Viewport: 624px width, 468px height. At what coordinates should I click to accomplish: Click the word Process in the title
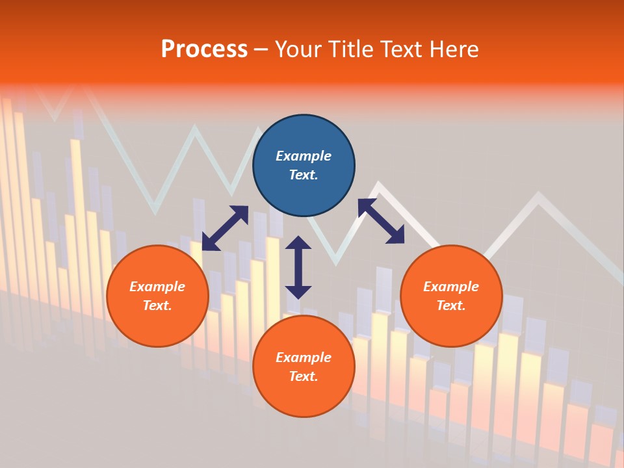[x=204, y=49]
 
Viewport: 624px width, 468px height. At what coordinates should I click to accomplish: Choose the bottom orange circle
[x=304, y=396]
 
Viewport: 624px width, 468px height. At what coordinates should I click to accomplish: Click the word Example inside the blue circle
[x=304, y=156]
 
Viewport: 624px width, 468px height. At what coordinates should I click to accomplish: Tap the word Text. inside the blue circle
[x=304, y=175]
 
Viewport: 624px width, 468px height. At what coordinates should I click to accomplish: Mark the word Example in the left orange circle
[x=157, y=287]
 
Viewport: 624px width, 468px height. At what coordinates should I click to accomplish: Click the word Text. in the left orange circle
[x=157, y=305]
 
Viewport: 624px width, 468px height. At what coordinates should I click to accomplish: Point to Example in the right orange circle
[x=451, y=287]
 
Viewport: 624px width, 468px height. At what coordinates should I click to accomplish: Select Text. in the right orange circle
[x=451, y=305]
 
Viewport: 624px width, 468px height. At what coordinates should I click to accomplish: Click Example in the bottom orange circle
[x=304, y=357]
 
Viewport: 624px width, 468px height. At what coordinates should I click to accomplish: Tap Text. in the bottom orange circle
[x=304, y=376]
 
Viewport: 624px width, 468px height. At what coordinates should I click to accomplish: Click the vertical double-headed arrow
[x=298, y=267]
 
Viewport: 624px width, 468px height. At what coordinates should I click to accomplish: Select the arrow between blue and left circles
[x=225, y=228]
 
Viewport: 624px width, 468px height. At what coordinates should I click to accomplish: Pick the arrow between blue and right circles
[x=381, y=221]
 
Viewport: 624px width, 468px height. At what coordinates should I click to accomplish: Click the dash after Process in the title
[x=261, y=50]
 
